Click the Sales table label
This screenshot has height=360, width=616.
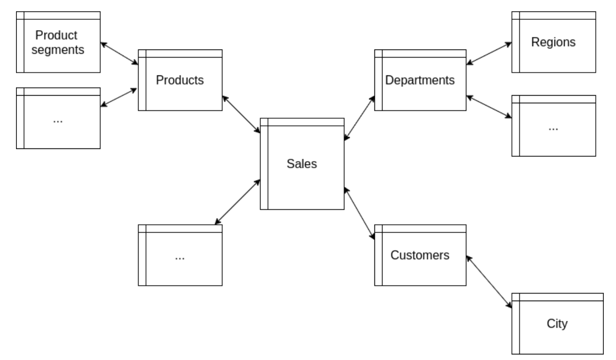click(302, 164)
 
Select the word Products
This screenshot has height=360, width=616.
click(180, 80)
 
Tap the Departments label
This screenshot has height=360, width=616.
click(420, 80)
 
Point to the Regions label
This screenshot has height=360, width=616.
click(553, 42)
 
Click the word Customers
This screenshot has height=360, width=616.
click(420, 255)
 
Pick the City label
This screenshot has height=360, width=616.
click(558, 324)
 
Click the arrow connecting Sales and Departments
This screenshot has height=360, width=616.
click(359, 117)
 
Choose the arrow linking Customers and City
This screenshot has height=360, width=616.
click(489, 282)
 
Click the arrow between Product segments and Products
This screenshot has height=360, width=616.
click(119, 54)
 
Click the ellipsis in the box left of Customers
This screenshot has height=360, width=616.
click(179, 258)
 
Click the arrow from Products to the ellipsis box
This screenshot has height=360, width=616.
click(119, 97)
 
